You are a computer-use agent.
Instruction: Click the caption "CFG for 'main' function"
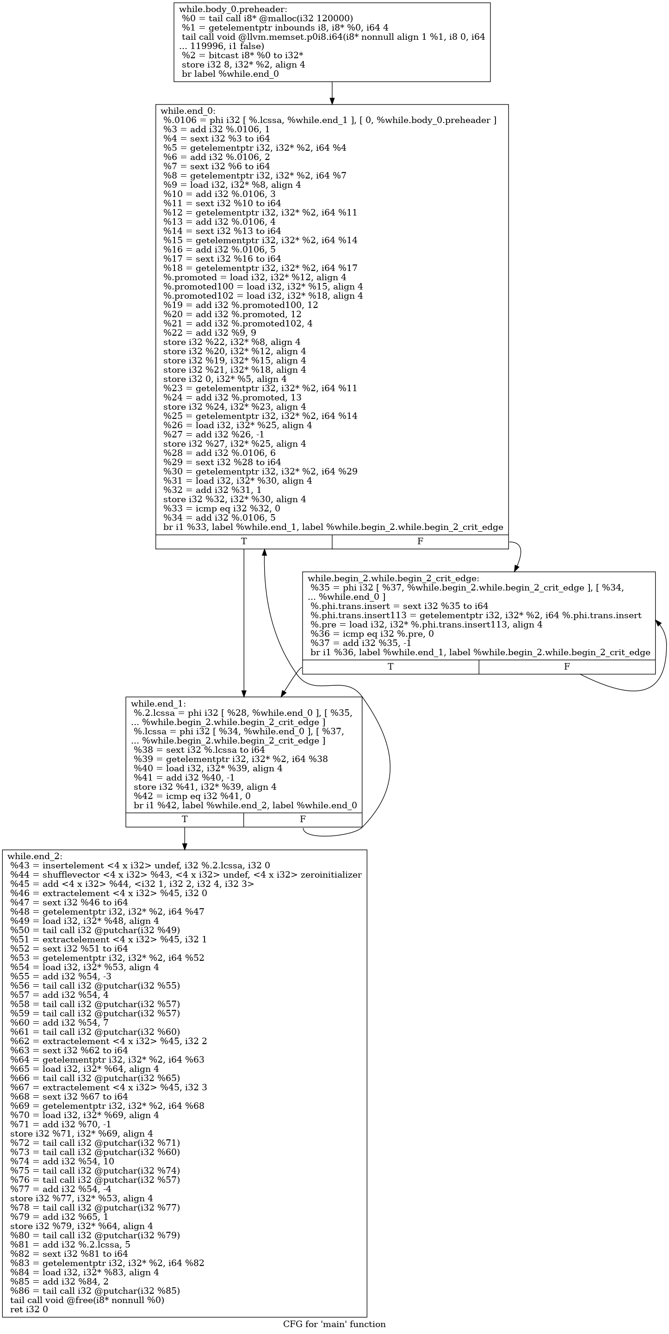pyautogui.click(x=334, y=1324)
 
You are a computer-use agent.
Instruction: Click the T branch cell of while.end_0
pyautogui.click(x=243, y=541)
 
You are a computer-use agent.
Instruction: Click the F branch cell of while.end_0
pyautogui.click(x=420, y=541)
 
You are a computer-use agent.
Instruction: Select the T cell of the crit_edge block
pyautogui.click(x=390, y=667)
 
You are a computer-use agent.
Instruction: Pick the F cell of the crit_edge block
pyautogui.click(x=566, y=667)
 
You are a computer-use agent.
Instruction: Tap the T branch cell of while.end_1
pyautogui.click(x=185, y=819)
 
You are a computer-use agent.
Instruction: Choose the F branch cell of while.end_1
pyautogui.click(x=302, y=819)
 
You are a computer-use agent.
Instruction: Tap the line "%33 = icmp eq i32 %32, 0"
pyautogui.click(x=222, y=509)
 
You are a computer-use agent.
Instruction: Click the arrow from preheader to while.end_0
pyautogui.click(x=332, y=92)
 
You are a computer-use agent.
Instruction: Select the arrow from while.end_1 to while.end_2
pyautogui.click(x=185, y=838)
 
